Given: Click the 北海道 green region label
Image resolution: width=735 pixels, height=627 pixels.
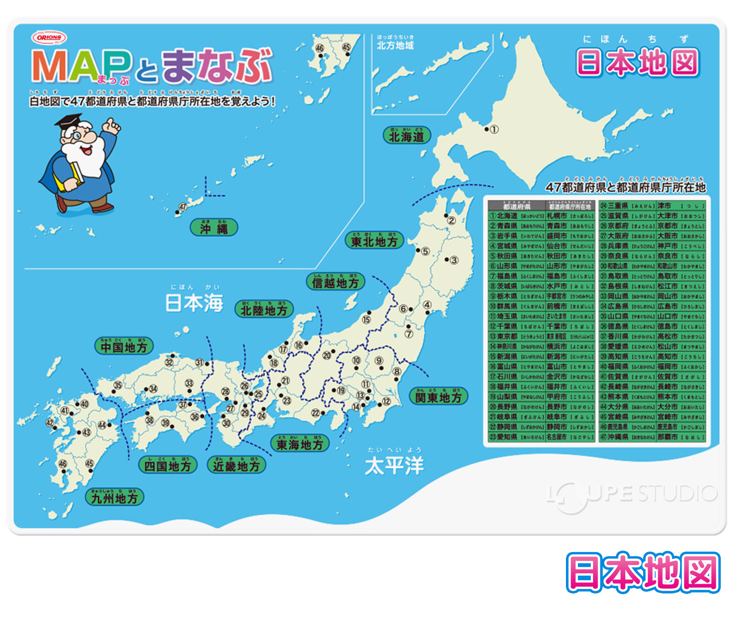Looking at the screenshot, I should tap(407, 136).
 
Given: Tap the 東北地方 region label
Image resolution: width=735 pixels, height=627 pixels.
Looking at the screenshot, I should tap(374, 241).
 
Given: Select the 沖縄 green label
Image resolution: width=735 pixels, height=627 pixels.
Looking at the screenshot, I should tap(214, 228).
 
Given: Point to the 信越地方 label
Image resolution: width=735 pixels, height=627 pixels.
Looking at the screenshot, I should tap(335, 282).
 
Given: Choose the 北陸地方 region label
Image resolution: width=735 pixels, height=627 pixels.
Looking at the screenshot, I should tap(264, 310).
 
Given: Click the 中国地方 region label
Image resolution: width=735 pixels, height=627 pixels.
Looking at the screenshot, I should tap(124, 347).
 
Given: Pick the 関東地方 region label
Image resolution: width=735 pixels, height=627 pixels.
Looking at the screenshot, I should tap(438, 397).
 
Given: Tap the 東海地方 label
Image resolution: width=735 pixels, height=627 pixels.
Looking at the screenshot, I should tap(300, 444).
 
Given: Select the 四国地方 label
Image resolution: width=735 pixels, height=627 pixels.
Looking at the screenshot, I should tap(167, 466).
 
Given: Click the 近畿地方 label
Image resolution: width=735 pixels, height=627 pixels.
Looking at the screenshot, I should tap(236, 466).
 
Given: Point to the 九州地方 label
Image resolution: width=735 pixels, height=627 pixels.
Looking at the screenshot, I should tap(114, 498).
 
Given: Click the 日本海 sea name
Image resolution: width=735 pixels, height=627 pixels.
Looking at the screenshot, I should tap(194, 302).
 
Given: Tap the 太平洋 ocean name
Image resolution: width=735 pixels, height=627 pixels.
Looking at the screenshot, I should tap(394, 465).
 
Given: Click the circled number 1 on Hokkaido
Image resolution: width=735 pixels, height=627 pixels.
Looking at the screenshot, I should tap(494, 130).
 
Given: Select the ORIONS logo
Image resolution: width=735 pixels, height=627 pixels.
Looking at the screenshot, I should tap(49, 38).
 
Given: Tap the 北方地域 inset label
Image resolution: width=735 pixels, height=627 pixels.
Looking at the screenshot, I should tap(395, 45).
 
